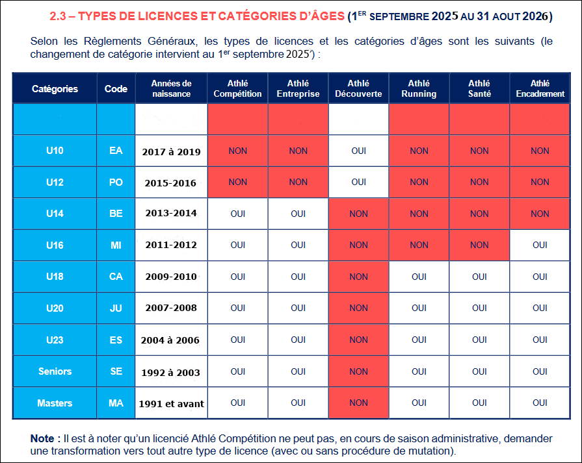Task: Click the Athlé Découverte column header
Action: coord(358,88)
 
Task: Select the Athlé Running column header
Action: coord(419,88)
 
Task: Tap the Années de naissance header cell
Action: coord(171,88)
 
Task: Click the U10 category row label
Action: coord(55,151)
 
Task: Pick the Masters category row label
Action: coord(55,403)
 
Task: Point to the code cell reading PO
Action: coord(116,182)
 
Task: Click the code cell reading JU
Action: coord(116,308)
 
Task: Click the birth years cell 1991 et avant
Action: coord(171,404)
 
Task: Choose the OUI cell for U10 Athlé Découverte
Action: coord(358,151)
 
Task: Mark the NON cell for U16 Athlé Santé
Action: coord(479,245)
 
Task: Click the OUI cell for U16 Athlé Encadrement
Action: coord(540,245)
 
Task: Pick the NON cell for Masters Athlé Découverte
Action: coord(358,403)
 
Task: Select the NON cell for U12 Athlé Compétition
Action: coord(237,182)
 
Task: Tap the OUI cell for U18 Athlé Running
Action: coord(419,277)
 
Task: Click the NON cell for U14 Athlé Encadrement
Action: coord(540,214)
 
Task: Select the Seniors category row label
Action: coord(55,371)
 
